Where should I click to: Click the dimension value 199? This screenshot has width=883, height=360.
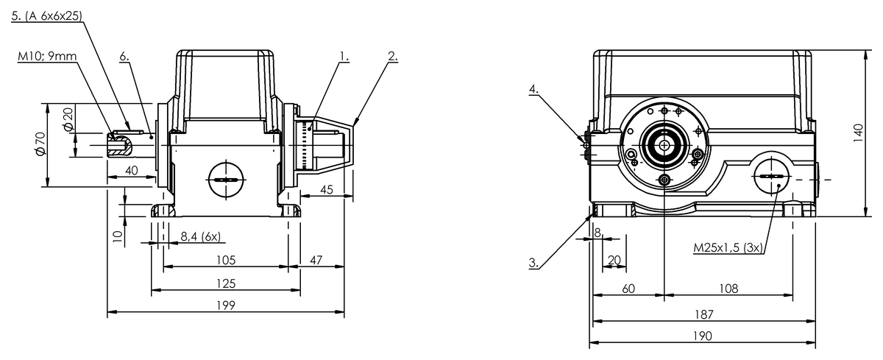pyautogui.click(x=226, y=306)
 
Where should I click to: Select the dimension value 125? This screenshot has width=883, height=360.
pyautogui.click(x=226, y=283)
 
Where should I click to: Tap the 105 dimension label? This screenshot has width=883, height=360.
pyautogui.click(x=226, y=260)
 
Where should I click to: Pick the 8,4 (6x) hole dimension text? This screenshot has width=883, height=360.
pyautogui.click(x=202, y=236)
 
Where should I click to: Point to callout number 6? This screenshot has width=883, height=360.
pyautogui.click(x=124, y=55)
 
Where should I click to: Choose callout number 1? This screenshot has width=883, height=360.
pyautogui.click(x=344, y=55)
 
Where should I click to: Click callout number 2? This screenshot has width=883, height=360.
pyautogui.click(x=392, y=55)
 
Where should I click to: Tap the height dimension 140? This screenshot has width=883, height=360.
pyautogui.click(x=857, y=133)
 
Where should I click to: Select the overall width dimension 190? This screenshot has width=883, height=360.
pyautogui.click(x=703, y=336)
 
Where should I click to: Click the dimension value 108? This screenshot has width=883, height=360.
pyautogui.click(x=728, y=289)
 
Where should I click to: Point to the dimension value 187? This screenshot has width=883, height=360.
pyautogui.click(x=703, y=314)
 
